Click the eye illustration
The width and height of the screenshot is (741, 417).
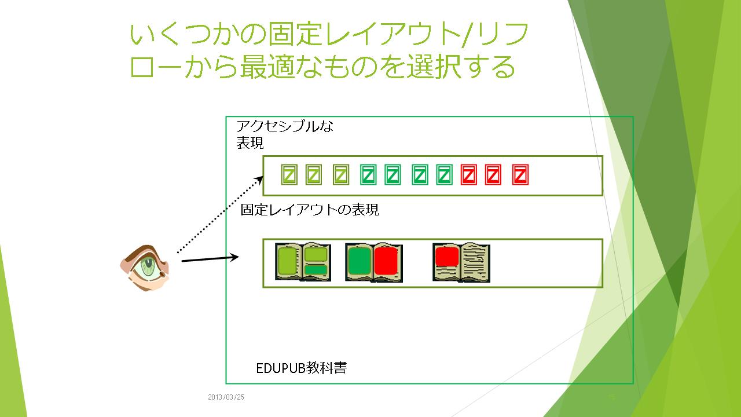(146, 266)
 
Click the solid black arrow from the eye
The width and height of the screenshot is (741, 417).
(210, 258)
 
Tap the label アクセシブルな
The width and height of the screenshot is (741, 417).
(285, 126)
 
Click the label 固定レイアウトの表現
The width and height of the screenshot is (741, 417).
(310, 210)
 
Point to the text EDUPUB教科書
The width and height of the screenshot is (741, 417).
(301, 368)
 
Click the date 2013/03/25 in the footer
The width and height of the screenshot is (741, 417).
(226, 397)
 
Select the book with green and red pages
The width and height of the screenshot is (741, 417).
(373, 262)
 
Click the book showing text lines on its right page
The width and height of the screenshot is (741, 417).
(461, 262)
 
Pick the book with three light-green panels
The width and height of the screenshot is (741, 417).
(303, 262)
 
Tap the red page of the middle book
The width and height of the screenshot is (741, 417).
(386, 261)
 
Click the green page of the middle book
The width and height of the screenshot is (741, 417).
(360, 261)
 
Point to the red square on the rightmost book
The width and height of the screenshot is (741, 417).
(446, 255)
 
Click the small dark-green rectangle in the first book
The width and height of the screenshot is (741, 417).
(316, 269)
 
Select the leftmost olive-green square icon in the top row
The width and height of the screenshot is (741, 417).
(289, 175)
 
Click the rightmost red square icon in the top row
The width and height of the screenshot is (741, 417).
(521, 175)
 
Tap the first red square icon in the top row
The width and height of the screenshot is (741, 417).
(468, 175)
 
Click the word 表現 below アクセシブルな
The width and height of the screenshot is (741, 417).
(250, 144)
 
